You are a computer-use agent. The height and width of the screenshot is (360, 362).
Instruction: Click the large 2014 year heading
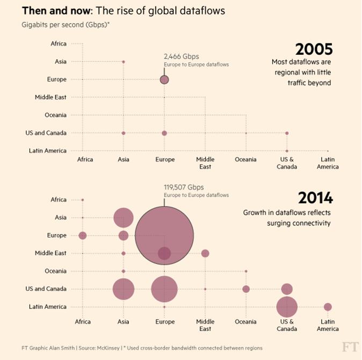(x=315, y=198)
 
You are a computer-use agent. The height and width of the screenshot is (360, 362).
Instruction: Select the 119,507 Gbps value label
(x=184, y=187)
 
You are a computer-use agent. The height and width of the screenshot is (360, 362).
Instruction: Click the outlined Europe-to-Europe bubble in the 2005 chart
(x=164, y=79)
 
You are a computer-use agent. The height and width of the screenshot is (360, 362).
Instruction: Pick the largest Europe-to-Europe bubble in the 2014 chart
(x=164, y=235)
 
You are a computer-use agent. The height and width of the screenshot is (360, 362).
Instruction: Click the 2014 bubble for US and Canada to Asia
(x=124, y=289)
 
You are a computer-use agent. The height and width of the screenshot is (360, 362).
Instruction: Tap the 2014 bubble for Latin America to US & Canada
(x=287, y=307)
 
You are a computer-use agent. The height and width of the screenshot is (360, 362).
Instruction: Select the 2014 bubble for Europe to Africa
(x=83, y=236)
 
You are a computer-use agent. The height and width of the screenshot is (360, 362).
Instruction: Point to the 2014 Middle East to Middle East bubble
(x=205, y=253)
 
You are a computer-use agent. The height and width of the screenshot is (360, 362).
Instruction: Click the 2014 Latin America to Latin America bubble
(x=328, y=307)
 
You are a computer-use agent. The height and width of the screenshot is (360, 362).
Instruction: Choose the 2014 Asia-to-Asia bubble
(x=124, y=218)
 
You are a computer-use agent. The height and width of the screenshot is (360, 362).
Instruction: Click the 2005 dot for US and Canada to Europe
(x=164, y=133)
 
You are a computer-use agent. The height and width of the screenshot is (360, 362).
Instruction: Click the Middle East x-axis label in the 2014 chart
(x=205, y=325)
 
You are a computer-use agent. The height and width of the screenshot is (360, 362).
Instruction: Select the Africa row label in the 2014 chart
(x=59, y=200)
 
